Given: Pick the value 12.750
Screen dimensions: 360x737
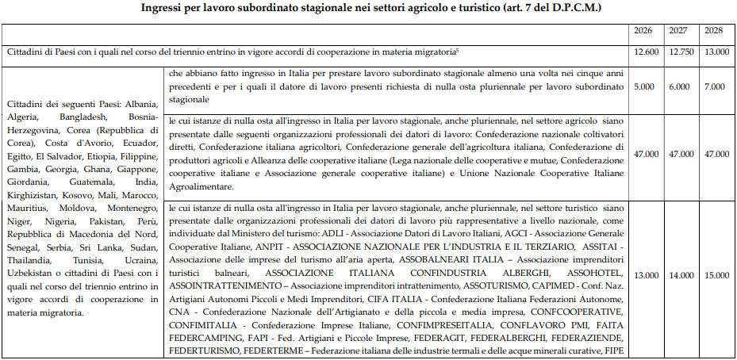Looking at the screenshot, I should [680, 52].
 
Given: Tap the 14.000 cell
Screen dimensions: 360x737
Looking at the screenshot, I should [680, 275].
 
